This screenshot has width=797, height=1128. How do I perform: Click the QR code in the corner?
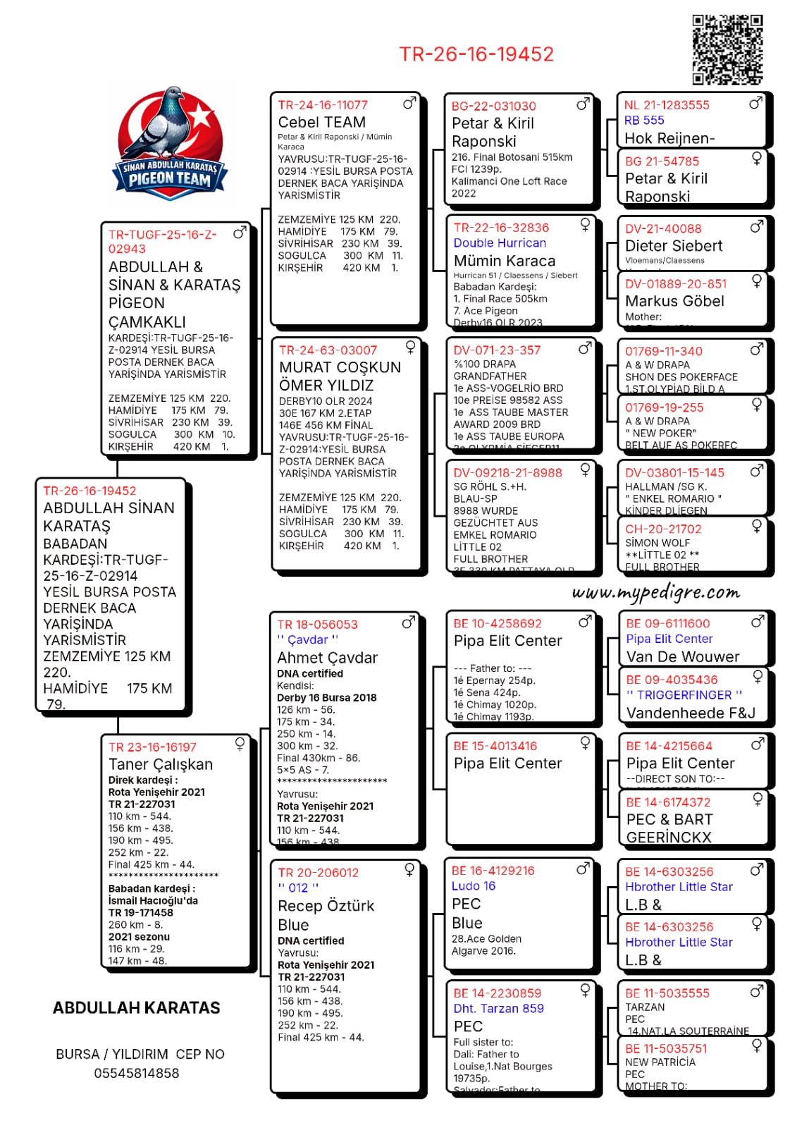(727, 49)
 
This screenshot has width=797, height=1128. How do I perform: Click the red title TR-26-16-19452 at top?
(476, 54)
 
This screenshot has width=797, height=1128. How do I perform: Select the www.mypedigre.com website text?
(656, 592)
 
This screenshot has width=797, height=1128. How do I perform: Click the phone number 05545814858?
(137, 1073)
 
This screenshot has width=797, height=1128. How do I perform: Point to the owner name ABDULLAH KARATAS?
(137, 1007)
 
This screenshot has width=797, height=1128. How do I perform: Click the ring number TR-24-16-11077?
(323, 105)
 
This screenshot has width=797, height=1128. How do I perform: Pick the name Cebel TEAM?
(321, 122)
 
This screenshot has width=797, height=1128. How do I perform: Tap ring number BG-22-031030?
(493, 106)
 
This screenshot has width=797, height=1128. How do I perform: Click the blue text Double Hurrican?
(500, 243)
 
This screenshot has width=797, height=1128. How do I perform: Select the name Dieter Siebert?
(674, 246)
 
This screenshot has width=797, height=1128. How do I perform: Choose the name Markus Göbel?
(674, 301)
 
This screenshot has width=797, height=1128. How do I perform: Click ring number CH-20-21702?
(663, 529)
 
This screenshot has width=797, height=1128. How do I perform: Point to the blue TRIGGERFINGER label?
(684, 694)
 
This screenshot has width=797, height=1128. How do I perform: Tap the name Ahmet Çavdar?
(327, 658)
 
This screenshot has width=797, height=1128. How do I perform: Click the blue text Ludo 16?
(474, 885)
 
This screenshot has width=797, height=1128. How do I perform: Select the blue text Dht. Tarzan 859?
(498, 1008)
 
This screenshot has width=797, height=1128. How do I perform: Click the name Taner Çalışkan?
(161, 764)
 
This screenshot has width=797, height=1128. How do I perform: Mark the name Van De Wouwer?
(683, 656)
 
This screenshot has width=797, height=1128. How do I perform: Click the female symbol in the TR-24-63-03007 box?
(410, 347)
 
